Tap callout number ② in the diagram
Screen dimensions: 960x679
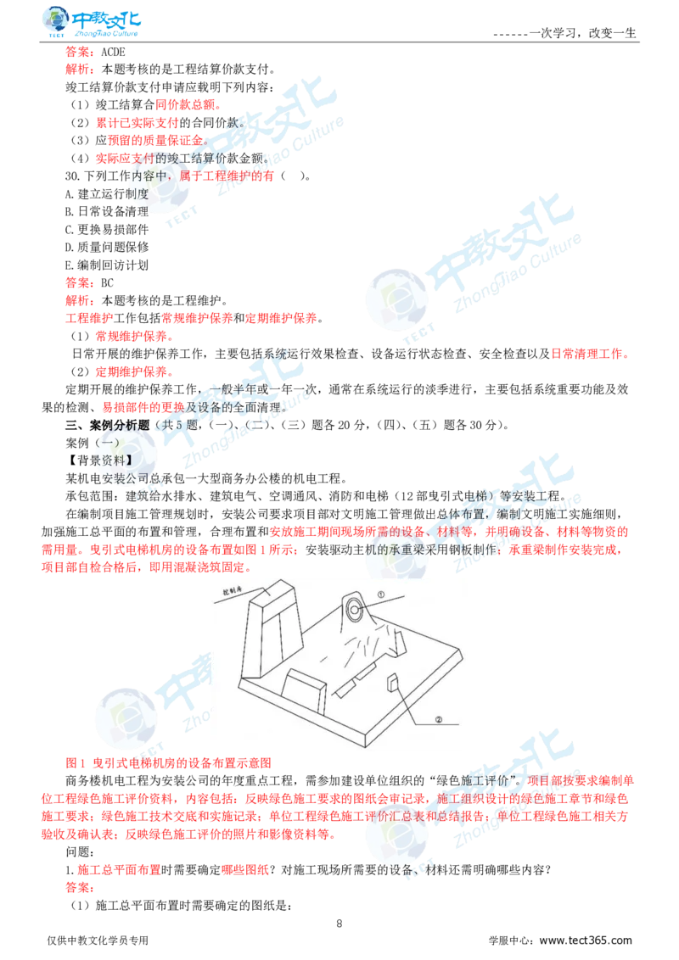[439, 720]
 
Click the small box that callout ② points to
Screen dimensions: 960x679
[393, 682]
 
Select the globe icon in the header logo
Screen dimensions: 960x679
[56, 20]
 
